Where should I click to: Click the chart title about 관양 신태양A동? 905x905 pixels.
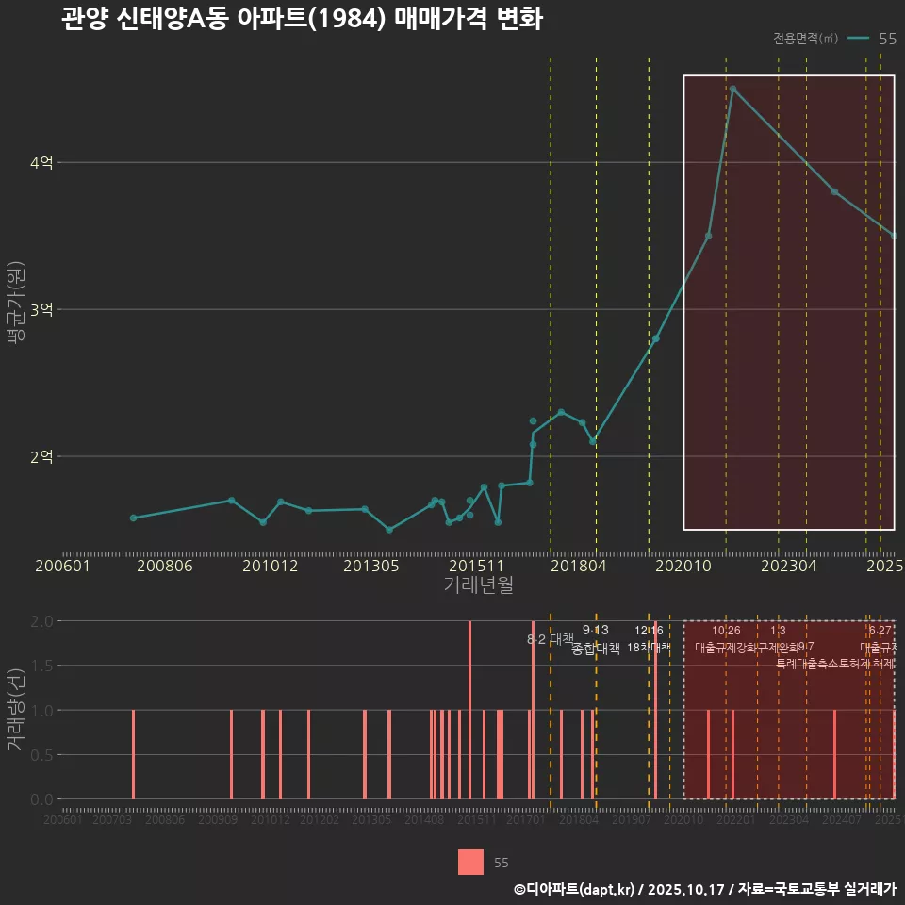click(302, 20)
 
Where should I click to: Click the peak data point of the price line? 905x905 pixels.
click(732, 89)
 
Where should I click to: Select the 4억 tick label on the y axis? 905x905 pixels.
click(41, 163)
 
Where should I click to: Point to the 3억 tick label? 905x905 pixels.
click(41, 310)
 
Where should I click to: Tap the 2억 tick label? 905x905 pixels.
click(41, 457)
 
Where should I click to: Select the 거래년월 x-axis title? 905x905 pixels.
click(478, 584)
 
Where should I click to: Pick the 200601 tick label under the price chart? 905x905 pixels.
click(62, 566)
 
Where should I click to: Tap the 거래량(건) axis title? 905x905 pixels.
click(16, 710)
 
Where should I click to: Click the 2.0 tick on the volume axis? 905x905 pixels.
click(41, 621)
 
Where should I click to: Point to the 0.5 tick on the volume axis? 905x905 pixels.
click(41, 754)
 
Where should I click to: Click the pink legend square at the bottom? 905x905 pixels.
click(471, 862)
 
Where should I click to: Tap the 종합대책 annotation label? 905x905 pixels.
click(596, 649)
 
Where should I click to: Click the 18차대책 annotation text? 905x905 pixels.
click(649, 648)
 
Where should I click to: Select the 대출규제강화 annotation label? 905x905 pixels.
click(726, 648)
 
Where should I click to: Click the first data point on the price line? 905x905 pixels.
click(133, 518)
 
